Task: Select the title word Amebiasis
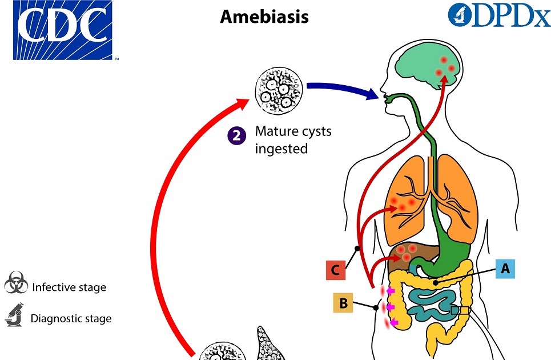click(x=264, y=17)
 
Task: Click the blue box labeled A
click(x=504, y=268)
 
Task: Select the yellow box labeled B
click(x=344, y=303)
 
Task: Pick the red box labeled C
click(x=335, y=270)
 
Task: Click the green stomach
click(x=451, y=251)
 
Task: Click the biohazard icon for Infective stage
click(x=15, y=284)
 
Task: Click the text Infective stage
click(x=69, y=287)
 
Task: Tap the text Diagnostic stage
click(x=71, y=318)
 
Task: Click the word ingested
click(x=281, y=149)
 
